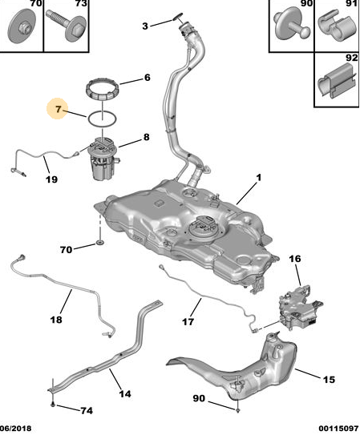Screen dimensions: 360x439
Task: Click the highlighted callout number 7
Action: coord(58,109)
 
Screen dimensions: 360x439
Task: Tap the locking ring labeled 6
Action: coord(103,90)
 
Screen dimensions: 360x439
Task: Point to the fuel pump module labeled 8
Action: coord(103,159)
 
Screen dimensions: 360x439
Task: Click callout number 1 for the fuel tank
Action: coord(259,177)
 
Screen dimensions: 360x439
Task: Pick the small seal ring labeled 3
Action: coord(178,17)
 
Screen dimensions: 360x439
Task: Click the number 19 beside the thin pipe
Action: coord(52,179)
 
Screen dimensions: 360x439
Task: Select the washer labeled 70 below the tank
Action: coord(99,242)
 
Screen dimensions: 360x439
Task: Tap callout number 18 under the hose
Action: coord(56,319)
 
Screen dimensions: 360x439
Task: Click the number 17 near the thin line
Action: coord(188,322)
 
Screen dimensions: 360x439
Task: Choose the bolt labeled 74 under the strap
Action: coord(53,405)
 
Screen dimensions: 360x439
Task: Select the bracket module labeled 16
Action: coord(300,308)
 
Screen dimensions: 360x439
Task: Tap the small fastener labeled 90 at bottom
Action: coord(237,410)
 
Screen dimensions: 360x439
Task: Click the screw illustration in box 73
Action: coord(66,25)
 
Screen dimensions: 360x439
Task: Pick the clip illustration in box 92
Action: coord(336,81)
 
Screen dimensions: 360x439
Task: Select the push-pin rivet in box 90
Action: coord(291,26)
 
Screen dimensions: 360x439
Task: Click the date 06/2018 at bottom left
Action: coord(16,429)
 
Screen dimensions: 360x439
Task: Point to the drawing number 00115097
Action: coord(338,429)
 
